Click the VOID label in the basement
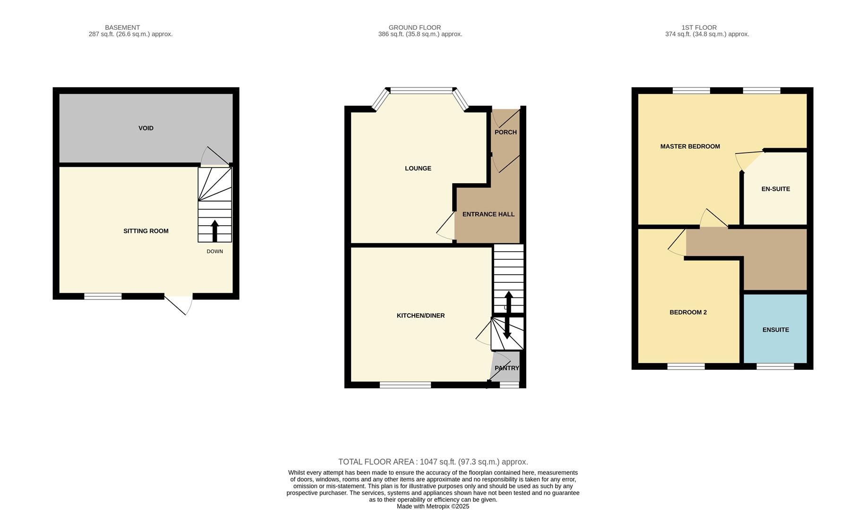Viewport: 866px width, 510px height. (146, 128)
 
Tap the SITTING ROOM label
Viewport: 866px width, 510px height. (146, 231)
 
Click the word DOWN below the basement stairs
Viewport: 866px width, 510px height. (214, 251)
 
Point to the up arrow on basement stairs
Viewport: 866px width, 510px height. (214, 230)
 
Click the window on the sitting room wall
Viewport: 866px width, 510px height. (103, 297)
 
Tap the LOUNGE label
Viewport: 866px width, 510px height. (418, 168)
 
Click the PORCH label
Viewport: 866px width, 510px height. (505, 132)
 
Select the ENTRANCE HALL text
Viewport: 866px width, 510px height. (488, 214)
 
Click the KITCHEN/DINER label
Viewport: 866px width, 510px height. (420, 315)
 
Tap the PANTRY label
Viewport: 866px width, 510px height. (506, 368)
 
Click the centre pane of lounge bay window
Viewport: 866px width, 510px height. (421, 90)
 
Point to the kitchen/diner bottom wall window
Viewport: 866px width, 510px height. (405, 385)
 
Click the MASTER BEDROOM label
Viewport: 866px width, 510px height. (690, 146)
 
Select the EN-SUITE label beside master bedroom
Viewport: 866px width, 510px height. (775, 189)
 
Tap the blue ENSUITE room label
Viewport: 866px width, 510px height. (775, 330)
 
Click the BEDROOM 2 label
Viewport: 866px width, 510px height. (688, 312)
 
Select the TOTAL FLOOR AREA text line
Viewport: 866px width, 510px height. (433, 462)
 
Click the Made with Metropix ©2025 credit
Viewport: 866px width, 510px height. (433, 506)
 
